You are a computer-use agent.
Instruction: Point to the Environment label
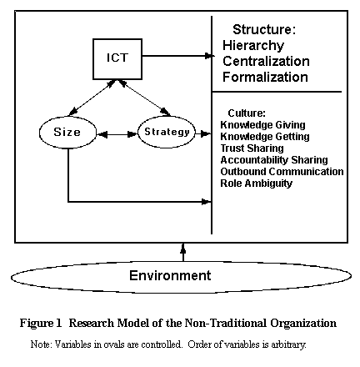tap(170, 275)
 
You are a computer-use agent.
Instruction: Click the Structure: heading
tap(264, 29)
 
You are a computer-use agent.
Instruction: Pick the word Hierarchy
tap(253, 46)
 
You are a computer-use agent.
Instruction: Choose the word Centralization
tap(266, 61)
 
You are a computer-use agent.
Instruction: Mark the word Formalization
tap(265, 77)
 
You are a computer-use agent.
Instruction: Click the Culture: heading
tap(247, 113)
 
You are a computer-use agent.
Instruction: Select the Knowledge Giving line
tap(262, 125)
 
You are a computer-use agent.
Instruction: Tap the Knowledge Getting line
tap(265, 137)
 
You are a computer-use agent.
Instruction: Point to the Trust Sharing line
tap(252, 148)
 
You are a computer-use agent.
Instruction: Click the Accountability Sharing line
tap(274, 160)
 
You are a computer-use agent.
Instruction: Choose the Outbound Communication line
tap(282, 172)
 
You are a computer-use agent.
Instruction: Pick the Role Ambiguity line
tap(256, 183)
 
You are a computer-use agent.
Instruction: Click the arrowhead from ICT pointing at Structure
tap(210, 56)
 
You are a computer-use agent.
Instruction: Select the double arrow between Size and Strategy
tap(117, 134)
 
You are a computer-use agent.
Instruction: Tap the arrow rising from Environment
tap(183, 253)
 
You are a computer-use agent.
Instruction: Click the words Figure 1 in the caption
tap(41, 323)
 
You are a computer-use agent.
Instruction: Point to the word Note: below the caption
tap(41, 344)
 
